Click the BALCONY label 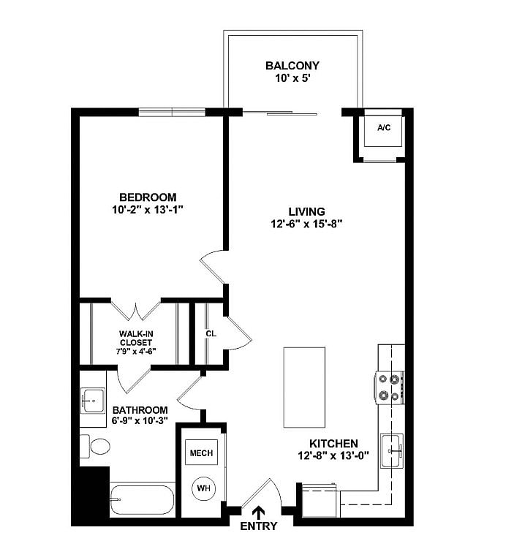292,66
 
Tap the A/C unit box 383,129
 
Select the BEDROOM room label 148,197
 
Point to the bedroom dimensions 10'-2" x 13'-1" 148,210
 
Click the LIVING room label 306,212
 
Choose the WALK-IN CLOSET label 136,338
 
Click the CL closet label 211,333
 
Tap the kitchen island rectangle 306,387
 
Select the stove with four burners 389,388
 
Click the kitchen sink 391,447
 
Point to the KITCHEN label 333,444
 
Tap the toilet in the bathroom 95,445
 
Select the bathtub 142,500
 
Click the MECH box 201,453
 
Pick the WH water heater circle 203,487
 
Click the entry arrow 260,514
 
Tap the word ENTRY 259,526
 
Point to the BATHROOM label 140,410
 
